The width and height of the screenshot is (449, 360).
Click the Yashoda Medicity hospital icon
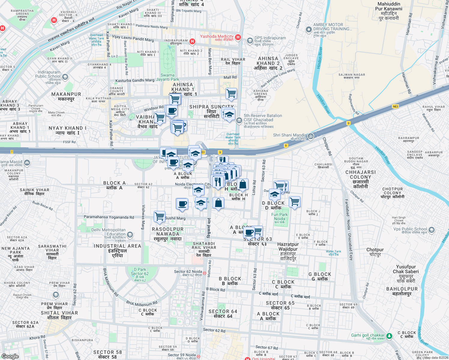pos(238,37)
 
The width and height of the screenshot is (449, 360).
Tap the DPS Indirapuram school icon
pos(250,40)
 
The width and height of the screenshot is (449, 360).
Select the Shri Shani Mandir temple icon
pos(311,136)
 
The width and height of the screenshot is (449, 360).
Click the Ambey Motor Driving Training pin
pos(309,29)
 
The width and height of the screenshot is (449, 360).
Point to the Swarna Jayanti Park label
pos(167,77)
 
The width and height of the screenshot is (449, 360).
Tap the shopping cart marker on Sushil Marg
pos(160,216)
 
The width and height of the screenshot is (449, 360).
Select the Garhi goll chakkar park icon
pos(389,336)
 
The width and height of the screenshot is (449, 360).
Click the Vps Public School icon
pos(431,230)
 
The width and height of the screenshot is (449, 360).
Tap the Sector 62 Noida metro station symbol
pos(204,273)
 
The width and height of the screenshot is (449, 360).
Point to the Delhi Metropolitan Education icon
pos(130,234)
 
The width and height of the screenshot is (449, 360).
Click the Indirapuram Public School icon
pos(65,77)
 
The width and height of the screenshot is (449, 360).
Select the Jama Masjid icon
pos(27,163)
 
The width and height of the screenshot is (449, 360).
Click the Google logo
pos(10,356)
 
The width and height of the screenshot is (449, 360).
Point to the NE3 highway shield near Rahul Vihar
pos(395,106)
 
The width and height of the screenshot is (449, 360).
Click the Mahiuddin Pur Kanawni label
pos(389,11)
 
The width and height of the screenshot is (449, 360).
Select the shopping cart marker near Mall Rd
pos(231,93)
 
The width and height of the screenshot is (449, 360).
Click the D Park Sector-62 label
pos(140,274)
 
